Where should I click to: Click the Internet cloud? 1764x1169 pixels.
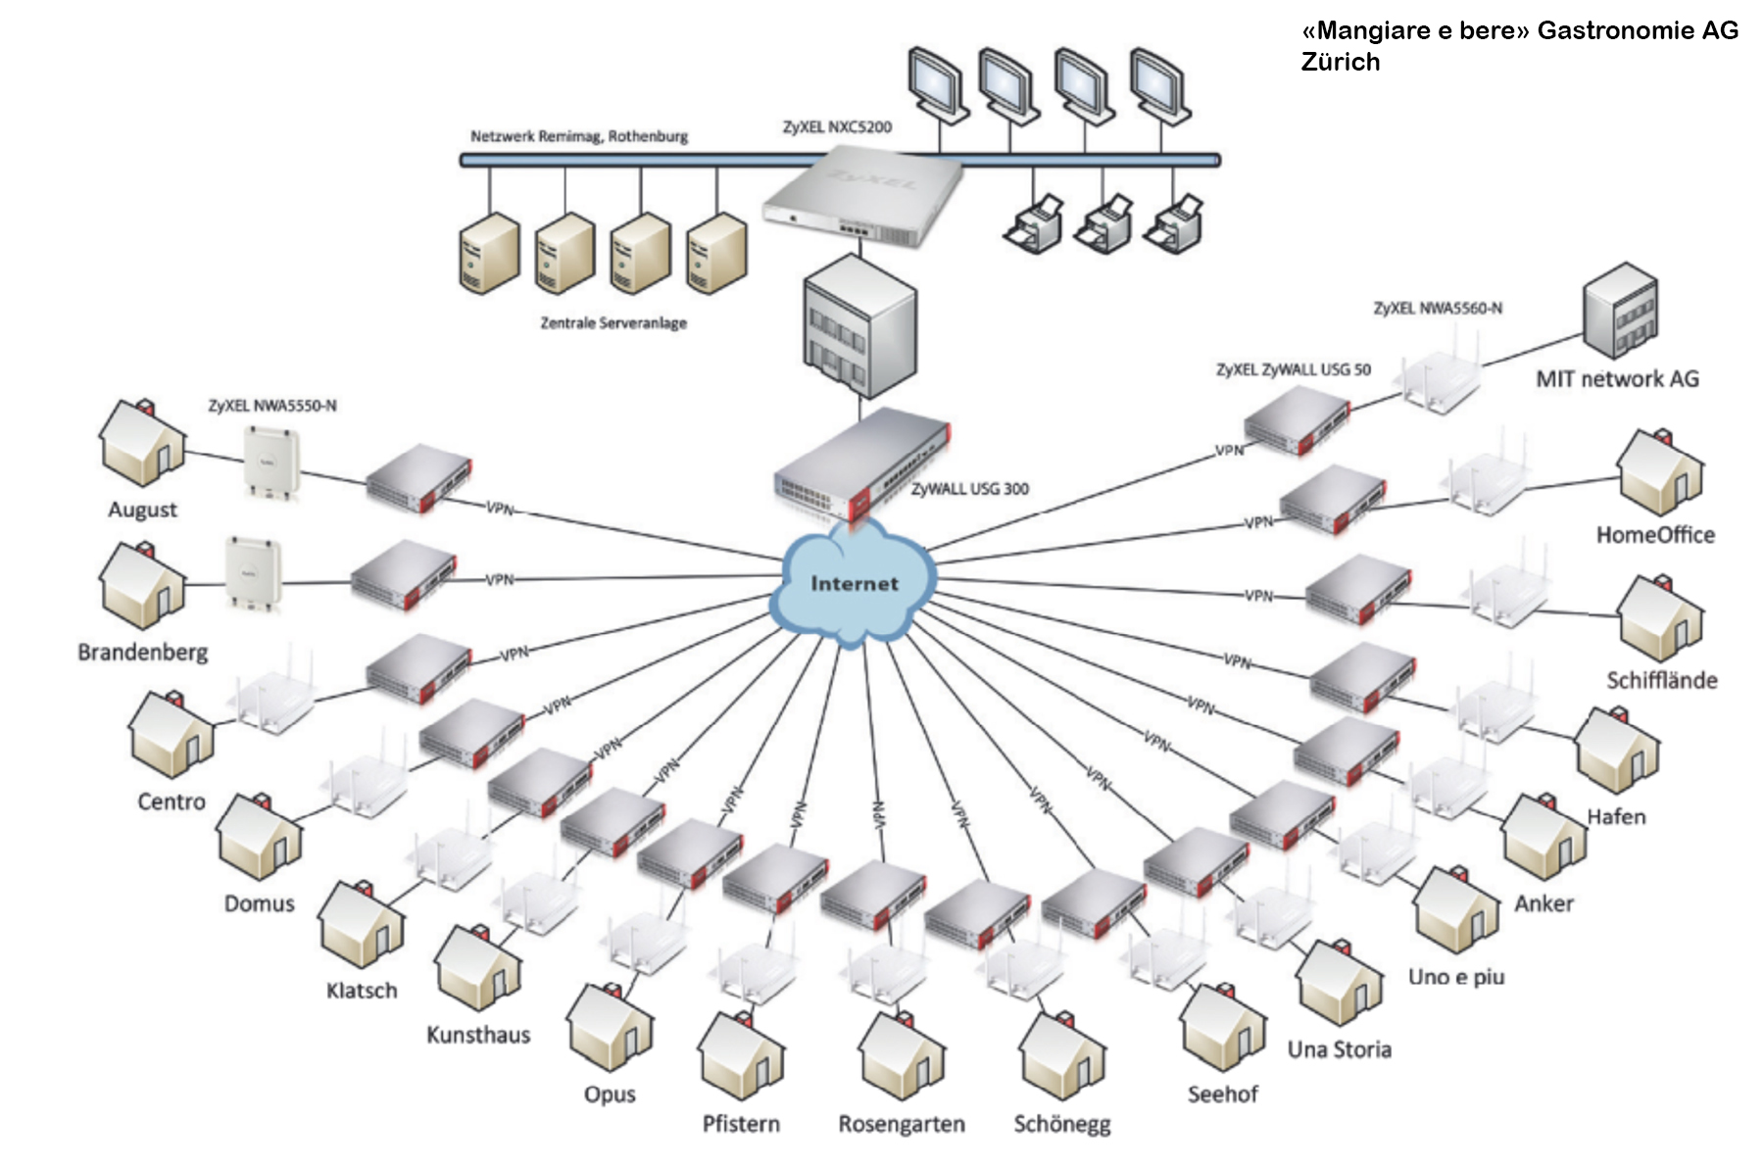point(854,584)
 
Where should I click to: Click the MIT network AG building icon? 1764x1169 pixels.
point(1620,312)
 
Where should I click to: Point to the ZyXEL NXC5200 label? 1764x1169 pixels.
point(837,127)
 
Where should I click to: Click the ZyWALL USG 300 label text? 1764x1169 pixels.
point(969,489)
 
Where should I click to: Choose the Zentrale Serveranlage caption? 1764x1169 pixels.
point(613,323)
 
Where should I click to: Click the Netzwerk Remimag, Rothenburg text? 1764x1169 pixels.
point(578,136)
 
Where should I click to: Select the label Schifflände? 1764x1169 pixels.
point(1661,680)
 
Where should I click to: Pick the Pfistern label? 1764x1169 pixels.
point(741,1124)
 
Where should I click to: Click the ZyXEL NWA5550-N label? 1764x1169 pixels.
point(271,406)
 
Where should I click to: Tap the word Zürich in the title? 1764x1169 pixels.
point(1340,62)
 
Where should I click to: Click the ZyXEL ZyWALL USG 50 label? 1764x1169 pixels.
point(1293,370)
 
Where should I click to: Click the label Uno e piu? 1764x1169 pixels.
point(1455,977)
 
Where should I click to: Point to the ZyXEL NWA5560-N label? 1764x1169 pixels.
point(1437,309)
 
